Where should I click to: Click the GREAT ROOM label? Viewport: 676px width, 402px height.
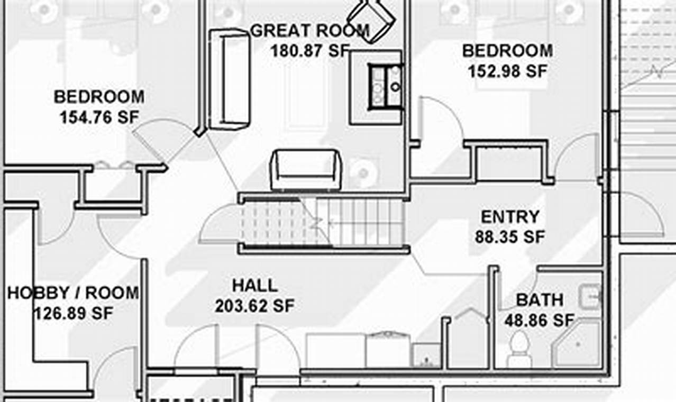(x=309, y=31)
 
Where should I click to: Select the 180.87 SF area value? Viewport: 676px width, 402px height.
(x=309, y=51)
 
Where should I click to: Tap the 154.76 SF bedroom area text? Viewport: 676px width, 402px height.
(x=99, y=117)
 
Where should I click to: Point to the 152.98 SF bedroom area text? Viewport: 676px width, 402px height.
(x=507, y=71)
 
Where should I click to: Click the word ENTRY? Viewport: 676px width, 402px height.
(x=510, y=217)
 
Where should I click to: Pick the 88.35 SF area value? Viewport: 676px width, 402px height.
(x=509, y=237)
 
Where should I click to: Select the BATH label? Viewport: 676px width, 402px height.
(x=540, y=300)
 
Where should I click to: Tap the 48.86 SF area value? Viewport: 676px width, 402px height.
(x=539, y=321)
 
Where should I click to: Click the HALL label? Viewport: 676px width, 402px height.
(x=255, y=286)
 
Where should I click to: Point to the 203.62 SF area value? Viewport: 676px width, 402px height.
(x=254, y=306)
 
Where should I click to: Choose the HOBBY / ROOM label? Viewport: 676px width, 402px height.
(x=73, y=293)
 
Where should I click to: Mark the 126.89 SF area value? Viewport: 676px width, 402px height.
(x=73, y=313)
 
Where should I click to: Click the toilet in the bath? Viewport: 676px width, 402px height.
(x=519, y=352)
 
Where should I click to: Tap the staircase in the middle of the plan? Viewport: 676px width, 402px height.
(x=323, y=222)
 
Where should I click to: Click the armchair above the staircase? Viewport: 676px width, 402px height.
(x=306, y=170)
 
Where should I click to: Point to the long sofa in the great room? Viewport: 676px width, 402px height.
(x=229, y=79)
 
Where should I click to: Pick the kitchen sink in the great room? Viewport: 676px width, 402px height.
(x=385, y=87)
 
